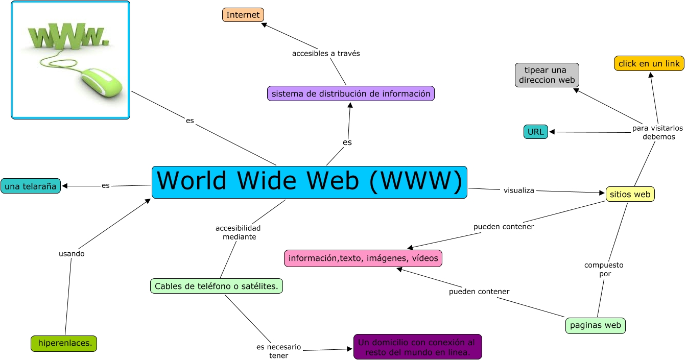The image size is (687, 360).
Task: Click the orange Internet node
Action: click(x=243, y=15)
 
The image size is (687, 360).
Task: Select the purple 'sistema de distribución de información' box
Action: click(x=350, y=93)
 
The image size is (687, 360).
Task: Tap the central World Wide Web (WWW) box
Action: click(x=310, y=182)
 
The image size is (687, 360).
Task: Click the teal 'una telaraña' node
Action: click(x=31, y=186)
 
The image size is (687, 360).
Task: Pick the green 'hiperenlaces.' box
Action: click(x=64, y=344)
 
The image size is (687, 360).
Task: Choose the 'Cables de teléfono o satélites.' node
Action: click(x=217, y=286)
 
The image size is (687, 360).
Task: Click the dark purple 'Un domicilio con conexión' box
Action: click(x=417, y=347)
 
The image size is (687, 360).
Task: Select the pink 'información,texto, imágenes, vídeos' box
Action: click(x=363, y=258)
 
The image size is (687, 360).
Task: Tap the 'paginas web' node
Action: click(x=596, y=325)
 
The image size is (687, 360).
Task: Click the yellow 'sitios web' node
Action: click(x=630, y=194)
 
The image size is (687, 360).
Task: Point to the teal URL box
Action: click(x=536, y=132)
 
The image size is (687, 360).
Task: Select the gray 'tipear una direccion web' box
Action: click(x=547, y=75)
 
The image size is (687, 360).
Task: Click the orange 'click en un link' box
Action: click(x=649, y=63)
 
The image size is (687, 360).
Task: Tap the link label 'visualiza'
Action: click(x=519, y=190)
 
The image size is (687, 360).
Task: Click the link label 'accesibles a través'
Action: click(x=326, y=53)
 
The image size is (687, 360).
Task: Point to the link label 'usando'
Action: click(x=72, y=253)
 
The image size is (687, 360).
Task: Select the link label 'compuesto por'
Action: click(x=604, y=270)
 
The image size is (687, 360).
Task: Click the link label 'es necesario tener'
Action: click(x=279, y=351)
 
